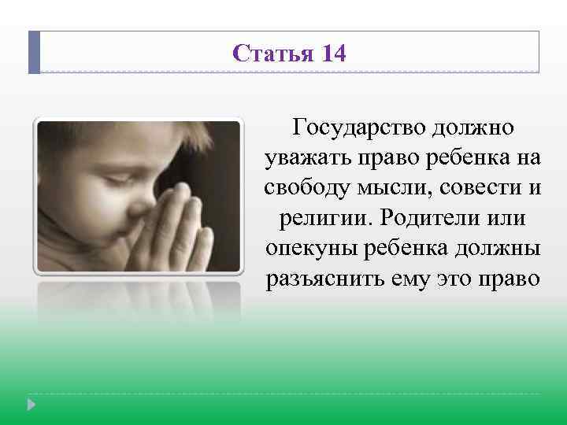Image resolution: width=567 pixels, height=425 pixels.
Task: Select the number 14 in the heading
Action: pos(332,54)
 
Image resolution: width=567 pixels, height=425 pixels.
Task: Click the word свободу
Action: pos(302,187)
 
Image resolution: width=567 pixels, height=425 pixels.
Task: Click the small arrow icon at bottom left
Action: pos(31,405)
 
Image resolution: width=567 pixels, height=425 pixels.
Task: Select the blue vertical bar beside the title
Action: pos(34,53)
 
